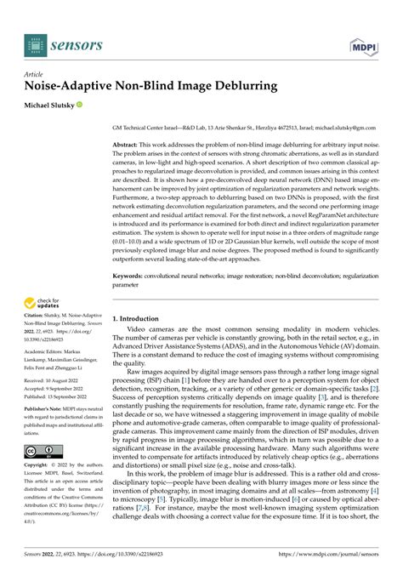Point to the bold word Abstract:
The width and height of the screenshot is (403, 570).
coord(128,145)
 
